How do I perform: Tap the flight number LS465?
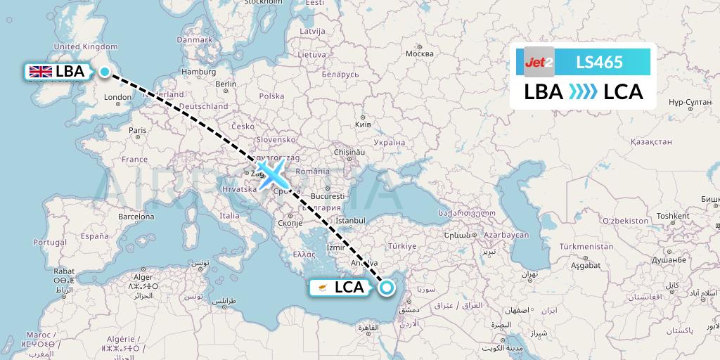(599, 62)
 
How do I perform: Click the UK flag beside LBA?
(40, 72)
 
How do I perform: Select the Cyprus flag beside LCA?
(322, 288)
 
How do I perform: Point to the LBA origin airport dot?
(105, 72)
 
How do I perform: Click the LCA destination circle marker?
(386, 287)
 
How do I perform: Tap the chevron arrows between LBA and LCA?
(583, 92)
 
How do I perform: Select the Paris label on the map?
(137, 130)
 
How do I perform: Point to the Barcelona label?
(136, 217)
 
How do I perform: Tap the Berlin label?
(226, 84)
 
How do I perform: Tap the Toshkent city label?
(673, 216)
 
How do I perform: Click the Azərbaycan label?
(506, 233)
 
